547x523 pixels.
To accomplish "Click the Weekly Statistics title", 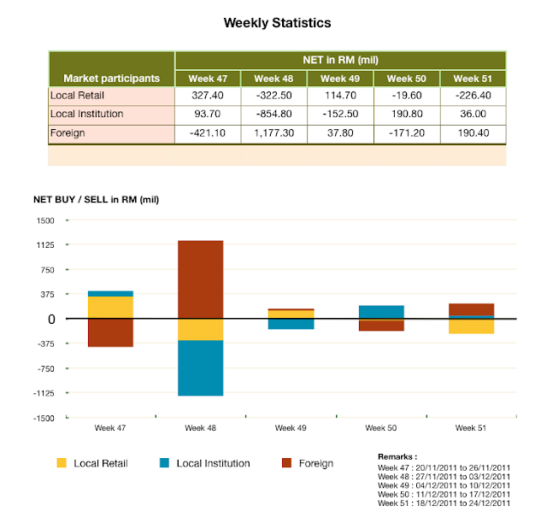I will pos(277,22).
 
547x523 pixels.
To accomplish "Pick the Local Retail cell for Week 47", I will pos(208,95).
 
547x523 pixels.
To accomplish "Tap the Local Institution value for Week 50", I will pos(406,114).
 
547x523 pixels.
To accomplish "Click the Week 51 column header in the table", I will pos(473,79).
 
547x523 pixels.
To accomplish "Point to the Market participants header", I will pos(112,78).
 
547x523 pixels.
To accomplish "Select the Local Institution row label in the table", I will pos(87,114).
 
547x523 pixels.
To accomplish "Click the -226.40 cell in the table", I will pos(473,95).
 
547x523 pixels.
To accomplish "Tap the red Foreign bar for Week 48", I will pos(200,279).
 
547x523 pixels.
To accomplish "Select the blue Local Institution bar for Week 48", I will pos(200,367).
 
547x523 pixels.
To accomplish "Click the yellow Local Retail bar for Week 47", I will pos(110,307).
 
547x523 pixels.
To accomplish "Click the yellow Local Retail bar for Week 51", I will pos(470,326).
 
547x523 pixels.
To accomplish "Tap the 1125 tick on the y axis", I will pos(44,245).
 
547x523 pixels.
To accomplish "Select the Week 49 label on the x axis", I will pos(290,427).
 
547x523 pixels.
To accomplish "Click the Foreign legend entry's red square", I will pos(287,463).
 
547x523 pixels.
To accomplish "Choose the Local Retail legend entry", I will pos(92,463).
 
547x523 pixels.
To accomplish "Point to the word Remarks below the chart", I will pos(397,457).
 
